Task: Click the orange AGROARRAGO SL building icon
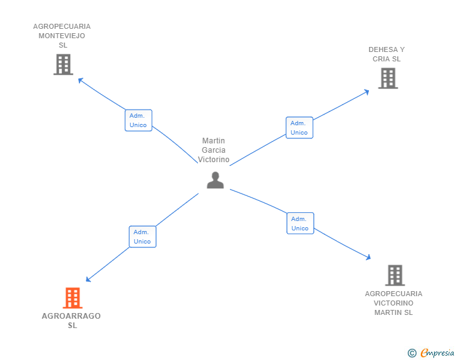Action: coord(73,298)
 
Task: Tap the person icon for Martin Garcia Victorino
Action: coord(215,180)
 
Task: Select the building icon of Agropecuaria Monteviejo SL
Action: coord(63,64)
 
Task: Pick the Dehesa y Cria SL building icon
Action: coord(388,78)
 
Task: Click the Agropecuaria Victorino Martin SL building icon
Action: coord(395,275)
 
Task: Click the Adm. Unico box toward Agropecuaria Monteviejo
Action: coord(138,120)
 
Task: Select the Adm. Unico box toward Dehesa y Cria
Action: coord(299,128)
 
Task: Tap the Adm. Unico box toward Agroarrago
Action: coord(142,237)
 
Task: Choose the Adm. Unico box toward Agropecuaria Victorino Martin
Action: coord(300,224)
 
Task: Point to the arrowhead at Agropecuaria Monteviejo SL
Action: coord(80,80)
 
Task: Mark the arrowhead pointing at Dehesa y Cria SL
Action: coord(367,91)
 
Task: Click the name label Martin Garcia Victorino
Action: coord(214,150)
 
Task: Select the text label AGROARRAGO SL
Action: coord(71,321)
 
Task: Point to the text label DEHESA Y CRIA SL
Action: coord(386,54)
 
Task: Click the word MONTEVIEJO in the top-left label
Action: coord(62,36)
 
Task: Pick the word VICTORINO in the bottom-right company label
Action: coord(393,303)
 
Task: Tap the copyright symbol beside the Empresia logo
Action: coord(412,353)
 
